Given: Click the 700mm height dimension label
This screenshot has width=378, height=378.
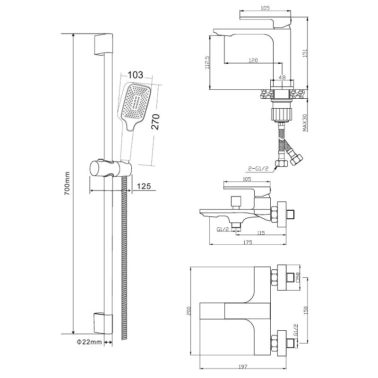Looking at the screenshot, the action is (67, 183).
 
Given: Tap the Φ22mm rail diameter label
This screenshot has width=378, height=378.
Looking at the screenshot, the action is (89, 342).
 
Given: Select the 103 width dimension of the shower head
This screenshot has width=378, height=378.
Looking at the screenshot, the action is (135, 75).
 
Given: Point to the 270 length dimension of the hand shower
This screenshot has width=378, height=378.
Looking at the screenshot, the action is (156, 122).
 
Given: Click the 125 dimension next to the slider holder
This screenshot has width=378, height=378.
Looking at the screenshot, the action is (144, 186).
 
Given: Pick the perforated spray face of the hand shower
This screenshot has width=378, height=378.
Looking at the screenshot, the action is (137, 102).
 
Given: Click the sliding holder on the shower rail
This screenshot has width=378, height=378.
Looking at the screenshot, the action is (111, 168).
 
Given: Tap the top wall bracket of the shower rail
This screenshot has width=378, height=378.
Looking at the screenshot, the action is (103, 45).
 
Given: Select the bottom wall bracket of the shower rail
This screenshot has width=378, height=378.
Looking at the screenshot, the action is (103, 323).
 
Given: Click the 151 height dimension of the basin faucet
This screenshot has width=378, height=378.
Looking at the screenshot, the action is (304, 53).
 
